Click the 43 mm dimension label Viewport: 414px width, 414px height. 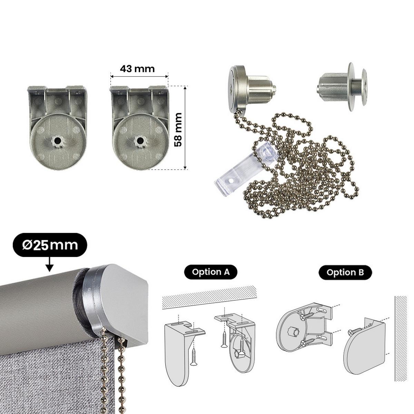pyautogui.click(x=137, y=69)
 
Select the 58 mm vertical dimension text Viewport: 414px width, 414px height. pyautogui.click(x=178, y=130)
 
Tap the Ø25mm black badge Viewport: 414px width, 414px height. pyautogui.click(x=50, y=245)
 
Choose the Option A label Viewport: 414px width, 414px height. pyautogui.click(x=210, y=272)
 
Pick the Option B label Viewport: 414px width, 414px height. pyautogui.click(x=345, y=273)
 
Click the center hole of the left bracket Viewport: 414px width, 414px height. pyautogui.click(x=57, y=141)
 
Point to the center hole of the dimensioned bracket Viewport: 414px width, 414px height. pyautogui.click(x=140, y=141)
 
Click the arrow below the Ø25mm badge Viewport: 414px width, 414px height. pyautogui.click(x=49, y=264)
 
